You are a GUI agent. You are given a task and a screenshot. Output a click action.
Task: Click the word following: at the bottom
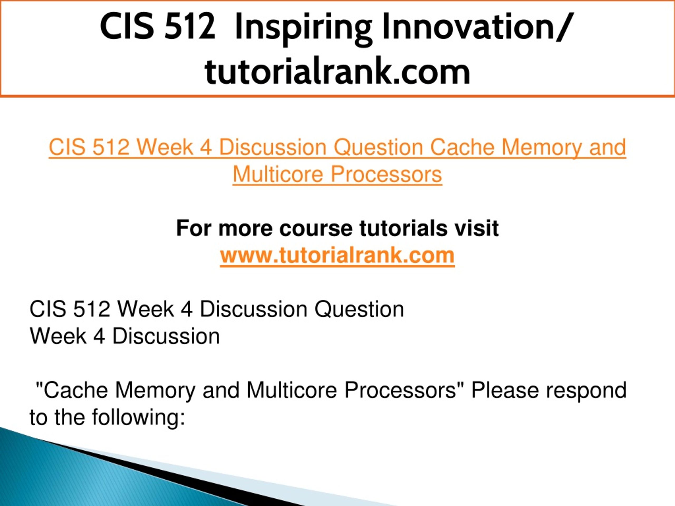(139, 418)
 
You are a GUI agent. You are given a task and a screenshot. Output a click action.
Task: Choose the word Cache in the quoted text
(76, 390)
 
